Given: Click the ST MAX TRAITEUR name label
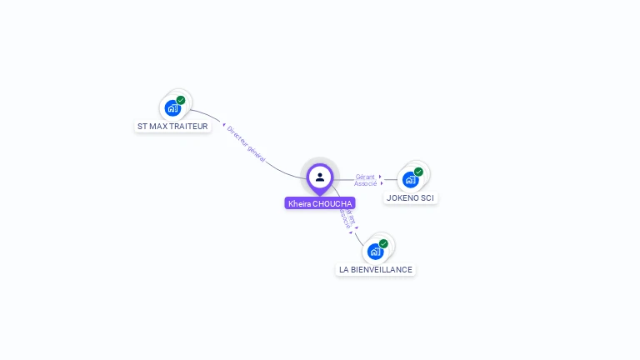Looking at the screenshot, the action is point(172,126).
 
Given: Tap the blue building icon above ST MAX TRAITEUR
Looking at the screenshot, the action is point(172,107).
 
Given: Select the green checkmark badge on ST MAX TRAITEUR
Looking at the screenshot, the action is point(181,100).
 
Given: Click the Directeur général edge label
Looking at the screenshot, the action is point(246,144).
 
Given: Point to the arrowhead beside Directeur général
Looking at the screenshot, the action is point(223,125).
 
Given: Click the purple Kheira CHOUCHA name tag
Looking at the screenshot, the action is point(320,203).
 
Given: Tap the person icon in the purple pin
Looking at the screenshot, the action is point(320,177).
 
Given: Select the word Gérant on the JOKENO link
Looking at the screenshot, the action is point(365,177).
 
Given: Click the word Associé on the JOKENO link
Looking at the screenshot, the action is point(365,183).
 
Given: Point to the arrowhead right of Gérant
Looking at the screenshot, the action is point(380,177).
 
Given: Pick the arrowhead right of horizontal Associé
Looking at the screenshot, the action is point(382,183).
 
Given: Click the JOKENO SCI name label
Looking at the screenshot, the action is point(410,197).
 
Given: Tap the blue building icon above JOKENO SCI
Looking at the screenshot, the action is point(409,179).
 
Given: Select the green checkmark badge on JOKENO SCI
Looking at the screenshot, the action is point(418,172).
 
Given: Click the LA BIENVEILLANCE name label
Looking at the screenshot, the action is point(375,269).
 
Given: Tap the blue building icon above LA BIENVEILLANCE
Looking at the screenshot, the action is point(375,251).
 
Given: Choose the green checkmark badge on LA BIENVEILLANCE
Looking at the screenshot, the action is point(383,243).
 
